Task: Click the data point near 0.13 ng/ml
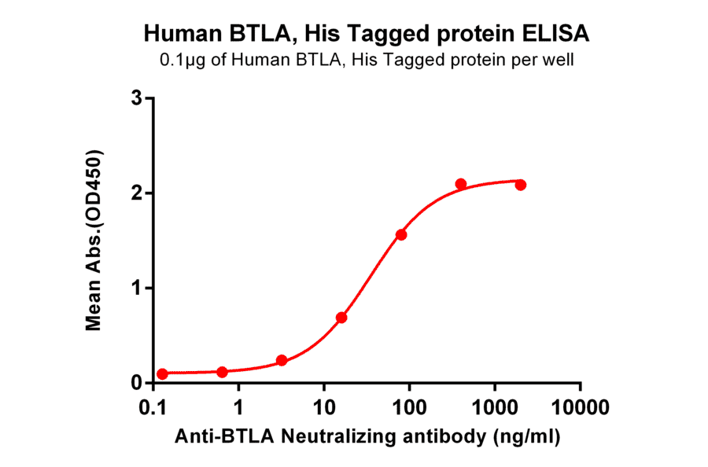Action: click(x=162, y=374)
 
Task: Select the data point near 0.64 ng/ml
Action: click(x=222, y=372)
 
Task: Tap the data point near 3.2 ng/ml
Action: click(x=282, y=361)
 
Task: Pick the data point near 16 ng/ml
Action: click(x=341, y=318)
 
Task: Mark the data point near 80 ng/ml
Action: click(x=401, y=235)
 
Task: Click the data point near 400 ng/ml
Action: click(x=461, y=184)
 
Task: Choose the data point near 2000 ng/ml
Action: click(x=521, y=185)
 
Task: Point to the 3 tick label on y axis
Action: click(x=137, y=98)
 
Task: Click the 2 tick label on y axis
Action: click(x=137, y=193)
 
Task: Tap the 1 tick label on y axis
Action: click(x=137, y=289)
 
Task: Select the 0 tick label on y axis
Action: click(x=137, y=384)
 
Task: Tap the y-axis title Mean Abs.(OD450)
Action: click(x=95, y=239)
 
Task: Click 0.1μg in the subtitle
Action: click(x=182, y=60)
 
